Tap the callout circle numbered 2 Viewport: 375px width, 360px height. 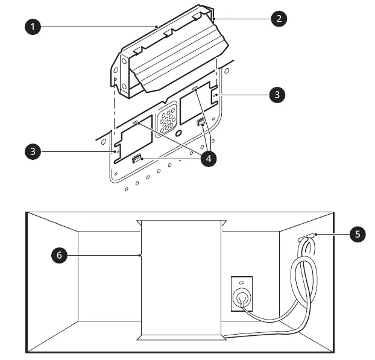click(278, 18)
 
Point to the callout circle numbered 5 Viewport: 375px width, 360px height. click(359, 234)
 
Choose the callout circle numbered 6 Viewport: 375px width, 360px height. click(59, 255)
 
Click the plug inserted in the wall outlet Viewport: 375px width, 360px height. click(242, 298)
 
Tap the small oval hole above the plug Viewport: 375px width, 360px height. click(242, 282)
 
